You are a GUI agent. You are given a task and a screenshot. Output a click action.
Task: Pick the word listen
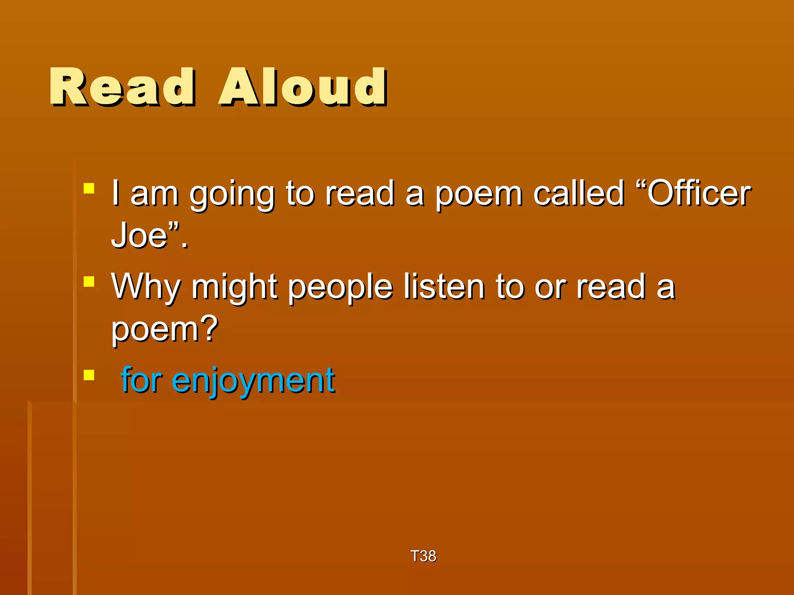pyautogui.click(x=444, y=287)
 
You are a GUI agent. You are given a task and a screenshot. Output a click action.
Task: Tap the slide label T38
pyautogui.click(x=423, y=556)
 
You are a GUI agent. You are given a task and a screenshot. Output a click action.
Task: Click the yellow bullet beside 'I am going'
pyautogui.click(x=89, y=189)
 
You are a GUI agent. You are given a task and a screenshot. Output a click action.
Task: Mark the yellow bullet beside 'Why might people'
pyautogui.click(x=89, y=282)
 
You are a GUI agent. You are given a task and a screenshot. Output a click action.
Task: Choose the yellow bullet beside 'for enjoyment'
pyautogui.click(x=89, y=375)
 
